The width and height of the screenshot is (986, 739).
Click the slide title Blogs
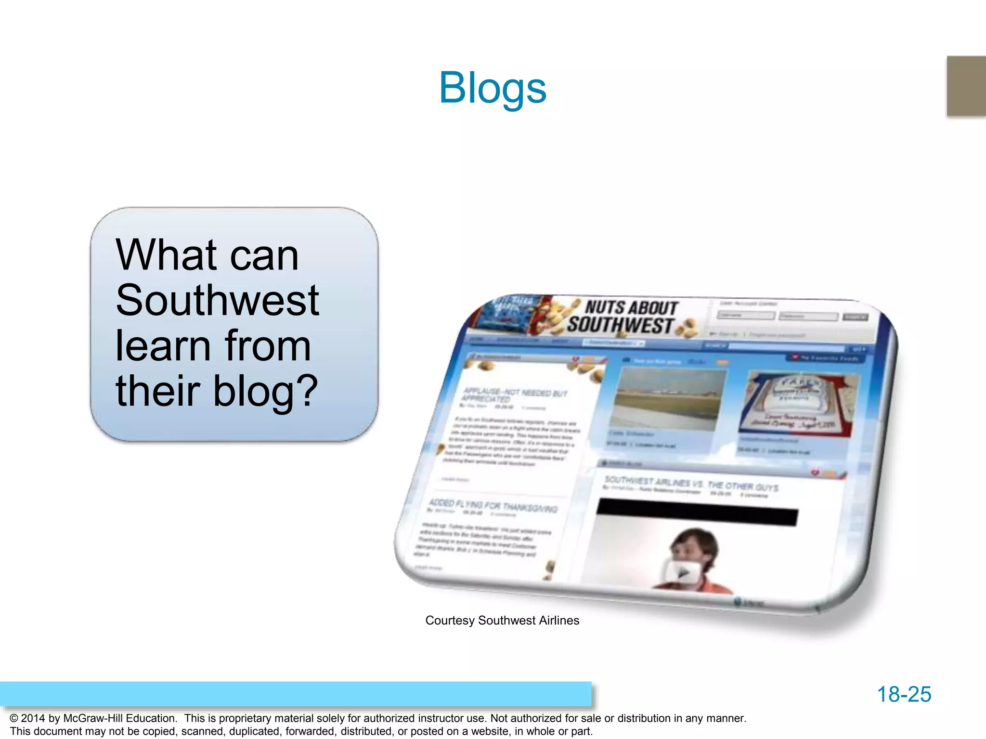coord(493,88)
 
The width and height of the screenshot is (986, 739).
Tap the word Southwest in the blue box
coord(217,300)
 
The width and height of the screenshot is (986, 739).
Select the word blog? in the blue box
coord(265,391)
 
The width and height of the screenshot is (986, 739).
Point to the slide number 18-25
coord(904,694)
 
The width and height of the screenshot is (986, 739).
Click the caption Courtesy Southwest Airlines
coord(502,621)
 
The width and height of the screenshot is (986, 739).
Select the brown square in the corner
coord(966,86)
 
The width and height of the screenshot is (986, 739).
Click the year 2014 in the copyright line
coord(33,718)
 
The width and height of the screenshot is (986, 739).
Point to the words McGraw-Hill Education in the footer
coord(120,718)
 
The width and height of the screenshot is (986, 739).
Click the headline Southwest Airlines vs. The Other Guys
coord(691,484)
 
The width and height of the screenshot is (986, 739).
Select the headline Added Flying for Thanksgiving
coord(493,506)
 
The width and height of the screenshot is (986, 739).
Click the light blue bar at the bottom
coord(296,694)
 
